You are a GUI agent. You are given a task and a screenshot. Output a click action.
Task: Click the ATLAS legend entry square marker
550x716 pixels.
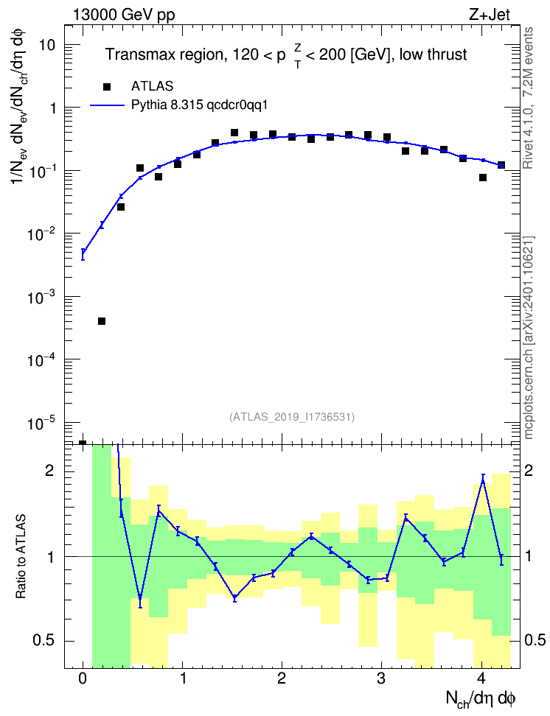pos(107,87)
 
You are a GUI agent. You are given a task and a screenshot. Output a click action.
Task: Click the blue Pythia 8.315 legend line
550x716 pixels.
pos(107,105)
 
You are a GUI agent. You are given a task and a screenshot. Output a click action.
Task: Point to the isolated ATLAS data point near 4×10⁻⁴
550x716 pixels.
pos(102,321)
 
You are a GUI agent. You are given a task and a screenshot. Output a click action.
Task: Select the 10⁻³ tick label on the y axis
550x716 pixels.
pos(41,298)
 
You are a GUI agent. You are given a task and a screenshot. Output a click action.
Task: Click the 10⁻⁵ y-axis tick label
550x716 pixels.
pos(41,424)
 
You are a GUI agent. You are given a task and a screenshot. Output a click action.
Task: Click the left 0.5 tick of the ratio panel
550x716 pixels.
pos(43,641)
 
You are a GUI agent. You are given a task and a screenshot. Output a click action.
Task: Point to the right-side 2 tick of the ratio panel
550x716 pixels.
pos(528,471)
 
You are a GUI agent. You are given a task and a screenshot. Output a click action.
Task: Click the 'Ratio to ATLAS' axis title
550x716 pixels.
pos(21,557)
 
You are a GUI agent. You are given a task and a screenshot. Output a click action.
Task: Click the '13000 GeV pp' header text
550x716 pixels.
pos(124,15)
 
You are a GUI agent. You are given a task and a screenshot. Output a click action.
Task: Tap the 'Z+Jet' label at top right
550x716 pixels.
pos(490,15)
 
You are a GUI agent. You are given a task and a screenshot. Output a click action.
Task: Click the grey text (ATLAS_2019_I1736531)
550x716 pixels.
pos(292,417)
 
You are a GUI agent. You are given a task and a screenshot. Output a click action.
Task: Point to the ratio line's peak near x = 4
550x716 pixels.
pos(483,480)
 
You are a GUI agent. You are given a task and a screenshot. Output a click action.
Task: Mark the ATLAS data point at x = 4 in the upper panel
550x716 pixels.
pos(483,178)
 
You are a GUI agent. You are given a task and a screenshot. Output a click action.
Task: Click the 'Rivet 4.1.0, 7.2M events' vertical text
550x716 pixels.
pos(529,98)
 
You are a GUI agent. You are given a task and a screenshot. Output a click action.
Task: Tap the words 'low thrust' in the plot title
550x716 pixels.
pos(433,55)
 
